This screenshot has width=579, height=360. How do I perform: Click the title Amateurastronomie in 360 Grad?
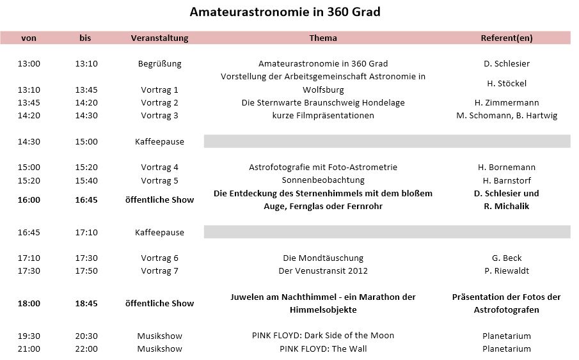(289, 12)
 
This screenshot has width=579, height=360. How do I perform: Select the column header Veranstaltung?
(159, 38)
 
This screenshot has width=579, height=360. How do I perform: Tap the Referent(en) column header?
(506, 38)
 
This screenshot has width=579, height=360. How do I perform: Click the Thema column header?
(322, 38)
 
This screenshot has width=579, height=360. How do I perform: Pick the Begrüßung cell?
(159, 63)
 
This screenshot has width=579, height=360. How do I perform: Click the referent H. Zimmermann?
(506, 102)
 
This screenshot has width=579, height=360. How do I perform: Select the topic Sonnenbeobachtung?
(322, 180)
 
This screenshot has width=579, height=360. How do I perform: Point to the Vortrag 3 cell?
(159, 115)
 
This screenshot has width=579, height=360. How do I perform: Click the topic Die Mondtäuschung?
(322, 258)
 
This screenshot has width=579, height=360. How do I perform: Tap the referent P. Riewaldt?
(506, 270)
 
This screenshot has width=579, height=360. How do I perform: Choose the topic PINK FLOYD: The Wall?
(322, 348)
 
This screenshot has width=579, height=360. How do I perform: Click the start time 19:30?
(29, 336)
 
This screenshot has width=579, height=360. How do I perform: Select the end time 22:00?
(86, 348)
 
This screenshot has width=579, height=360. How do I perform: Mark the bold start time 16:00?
(29, 200)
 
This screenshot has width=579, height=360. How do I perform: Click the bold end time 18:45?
(86, 303)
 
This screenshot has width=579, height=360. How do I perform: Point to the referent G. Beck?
(506, 258)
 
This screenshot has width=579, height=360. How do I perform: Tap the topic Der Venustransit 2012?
(322, 270)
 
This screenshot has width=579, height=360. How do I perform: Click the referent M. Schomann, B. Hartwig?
(506, 115)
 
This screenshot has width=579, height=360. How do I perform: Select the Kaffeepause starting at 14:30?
(159, 141)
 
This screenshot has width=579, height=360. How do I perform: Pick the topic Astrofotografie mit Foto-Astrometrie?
(322, 167)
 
